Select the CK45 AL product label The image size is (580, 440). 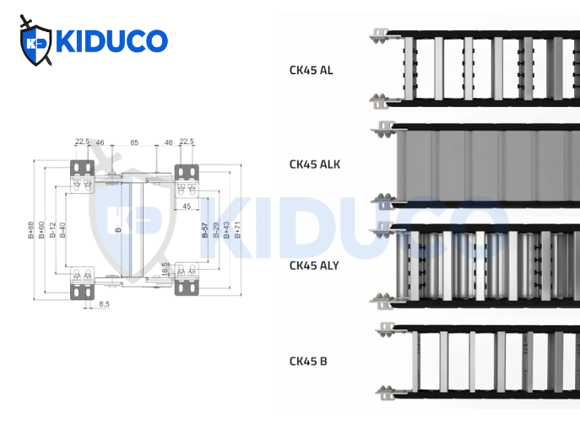pyautogui.click(x=311, y=70)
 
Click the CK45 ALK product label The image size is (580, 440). pyautogui.click(x=314, y=164)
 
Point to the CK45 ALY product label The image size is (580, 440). pyautogui.click(x=314, y=266)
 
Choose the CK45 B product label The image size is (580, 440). pyautogui.click(x=308, y=362)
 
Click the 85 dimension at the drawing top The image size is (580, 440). pyautogui.click(x=134, y=142)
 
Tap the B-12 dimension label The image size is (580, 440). pyautogui.click(x=52, y=230)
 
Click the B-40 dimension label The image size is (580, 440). pyautogui.click(x=62, y=230)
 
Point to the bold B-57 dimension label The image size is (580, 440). pyautogui.click(x=205, y=229)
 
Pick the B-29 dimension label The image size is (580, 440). pyautogui.click(x=216, y=229)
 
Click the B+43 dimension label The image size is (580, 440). pyautogui.click(x=226, y=229)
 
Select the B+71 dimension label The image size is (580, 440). pyautogui.click(x=237, y=229)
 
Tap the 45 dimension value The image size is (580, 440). pyautogui.click(x=186, y=206)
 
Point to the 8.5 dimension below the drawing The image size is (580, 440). pyautogui.click(x=104, y=303)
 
